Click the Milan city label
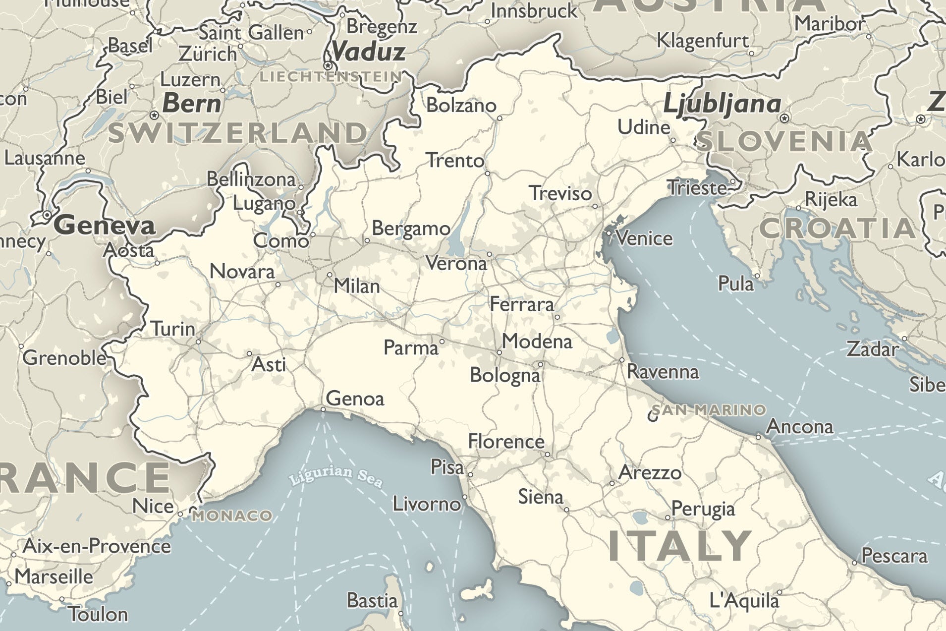tap(356, 286)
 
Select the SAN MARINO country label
tap(709, 410)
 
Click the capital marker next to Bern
tap(154, 115)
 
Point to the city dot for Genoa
tap(323, 409)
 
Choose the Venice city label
tap(644, 238)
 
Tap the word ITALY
tap(680, 546)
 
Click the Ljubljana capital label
tap(722, 104)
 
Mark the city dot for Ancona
tap(758, 437)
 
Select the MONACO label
tap(232, 516)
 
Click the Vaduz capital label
tap(368, 52)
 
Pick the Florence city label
tap(506, 441)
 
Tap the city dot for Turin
tap(198, 342)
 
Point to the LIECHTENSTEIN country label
tap(331, 76)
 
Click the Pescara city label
tap(894, 556)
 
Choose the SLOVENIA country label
tap(783, 142)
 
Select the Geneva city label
tap(105, 226)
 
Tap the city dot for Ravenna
tap(622, 360)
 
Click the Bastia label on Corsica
tap(372, 600)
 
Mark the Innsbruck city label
tap(534, 11)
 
